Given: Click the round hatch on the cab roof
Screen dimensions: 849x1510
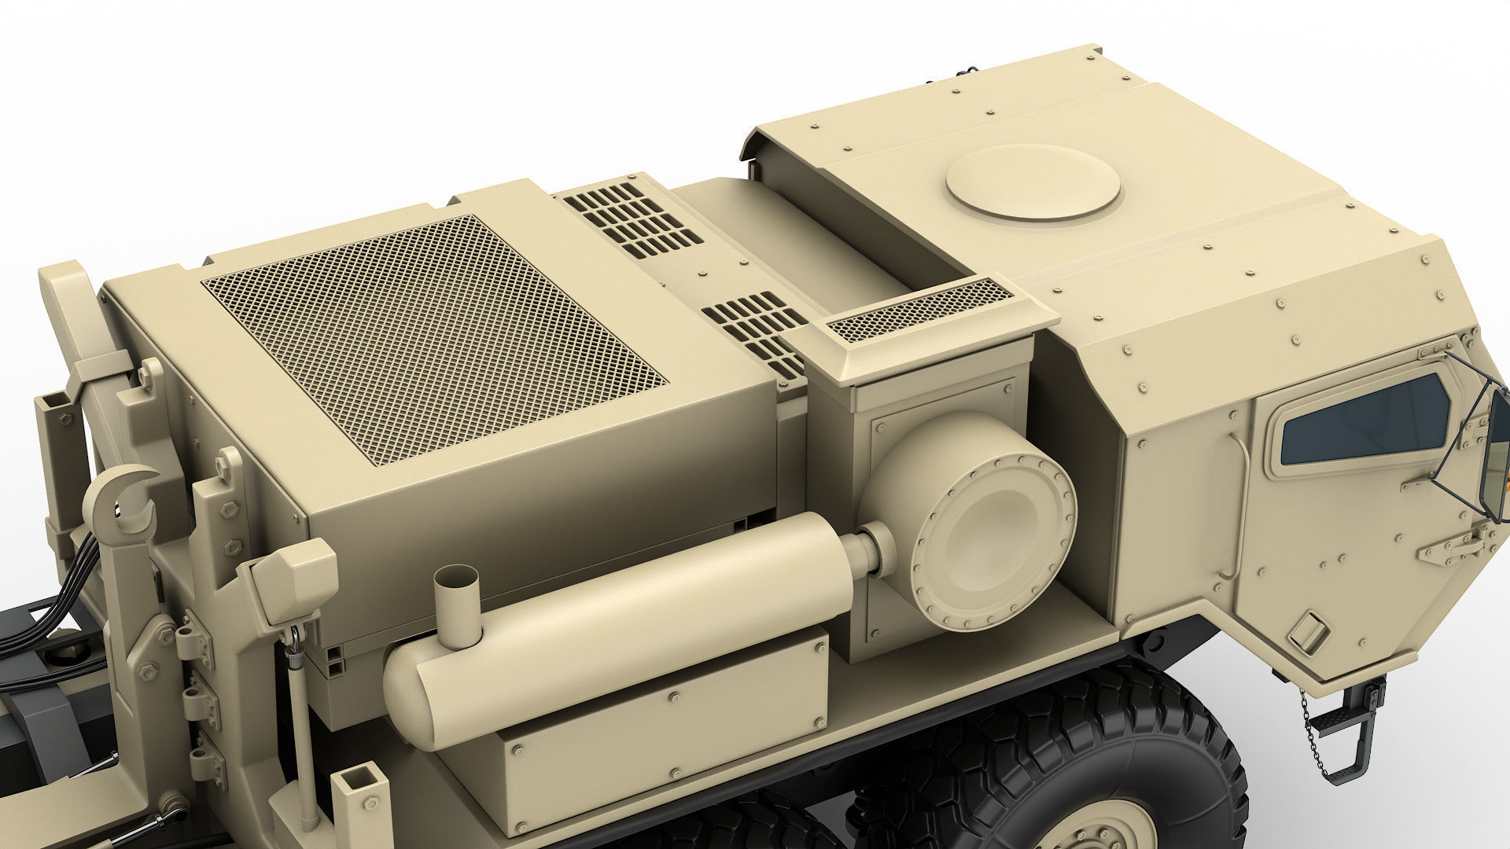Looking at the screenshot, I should (x=1033, y=182).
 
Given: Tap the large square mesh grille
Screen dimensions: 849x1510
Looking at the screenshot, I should (x=434, y=337).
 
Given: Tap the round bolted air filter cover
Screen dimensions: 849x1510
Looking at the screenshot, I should (x=993, y=532).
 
